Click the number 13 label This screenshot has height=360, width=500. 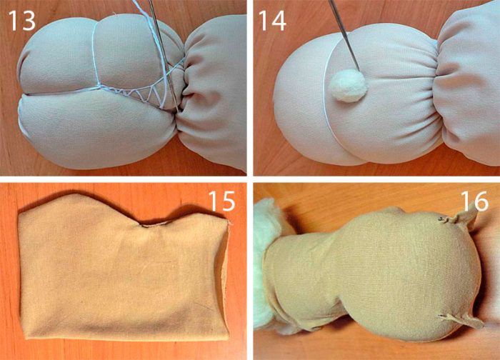21,21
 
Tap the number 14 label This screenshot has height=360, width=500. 272,21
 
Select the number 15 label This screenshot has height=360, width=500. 221,201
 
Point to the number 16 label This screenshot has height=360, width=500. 474,201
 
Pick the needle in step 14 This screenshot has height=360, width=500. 344,35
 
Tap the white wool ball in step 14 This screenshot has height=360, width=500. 349,86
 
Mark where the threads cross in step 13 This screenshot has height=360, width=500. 98,86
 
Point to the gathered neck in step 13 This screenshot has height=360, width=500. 181,92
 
